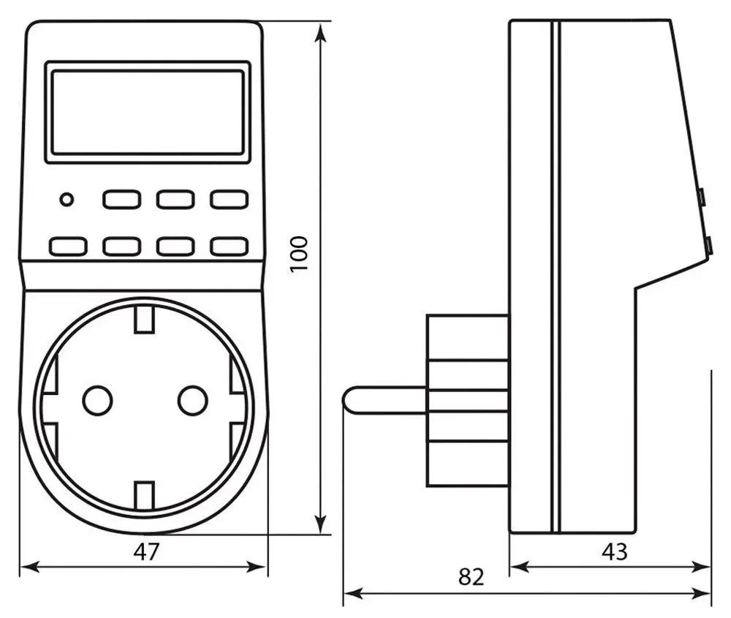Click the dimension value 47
click(x=146, y=551)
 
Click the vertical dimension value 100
click(x=299, y=254)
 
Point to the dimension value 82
click(x=471, y=577)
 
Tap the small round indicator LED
click(x=67, y=199)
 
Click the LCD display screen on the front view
click(x=147, y=112)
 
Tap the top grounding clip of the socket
click(x=145, y=319)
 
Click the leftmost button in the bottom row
click(x=68, y=246)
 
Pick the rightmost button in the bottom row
click(x=229, y=246)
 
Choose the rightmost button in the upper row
click(x=229, y=199)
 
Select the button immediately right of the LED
click(x=121, y=199)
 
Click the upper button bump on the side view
click(x=701, y=197)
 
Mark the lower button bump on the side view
click(x=708, y=246)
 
